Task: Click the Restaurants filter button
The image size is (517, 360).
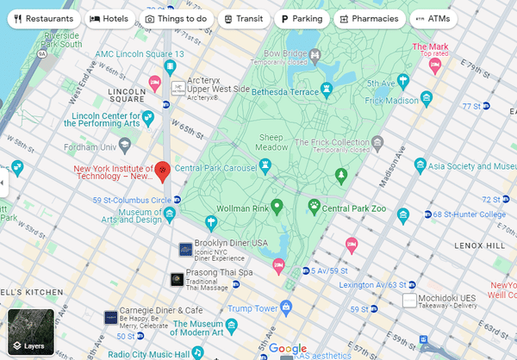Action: (x=44, y=18)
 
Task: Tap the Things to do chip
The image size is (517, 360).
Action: (x=176, y=18)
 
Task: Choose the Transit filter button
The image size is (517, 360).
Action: (x=243, y=18)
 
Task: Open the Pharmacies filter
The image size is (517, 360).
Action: (x=369, y=18)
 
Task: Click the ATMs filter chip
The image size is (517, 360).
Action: (x=433, y=18)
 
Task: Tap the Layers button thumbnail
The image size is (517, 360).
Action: (x=30, y=332)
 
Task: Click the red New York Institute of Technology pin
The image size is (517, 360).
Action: (x=162, y=172)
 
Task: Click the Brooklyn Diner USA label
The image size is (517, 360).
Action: (x=230, y=244)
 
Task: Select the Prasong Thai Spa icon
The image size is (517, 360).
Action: (x=177, y=279)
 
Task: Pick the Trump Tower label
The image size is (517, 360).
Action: (x=252, y=307)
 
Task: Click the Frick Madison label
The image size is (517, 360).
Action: (x=385, y=100)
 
